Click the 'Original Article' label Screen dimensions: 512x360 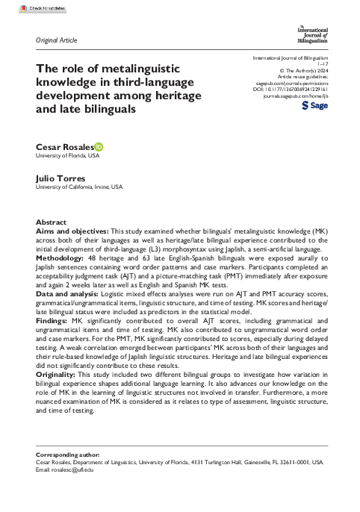coord(56,39)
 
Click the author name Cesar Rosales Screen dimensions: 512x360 coord(63,149)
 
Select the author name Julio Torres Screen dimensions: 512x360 coord(60,178)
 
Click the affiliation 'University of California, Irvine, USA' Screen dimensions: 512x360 coord(79,187)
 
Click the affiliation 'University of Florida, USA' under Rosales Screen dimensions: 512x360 coord(68,157)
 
